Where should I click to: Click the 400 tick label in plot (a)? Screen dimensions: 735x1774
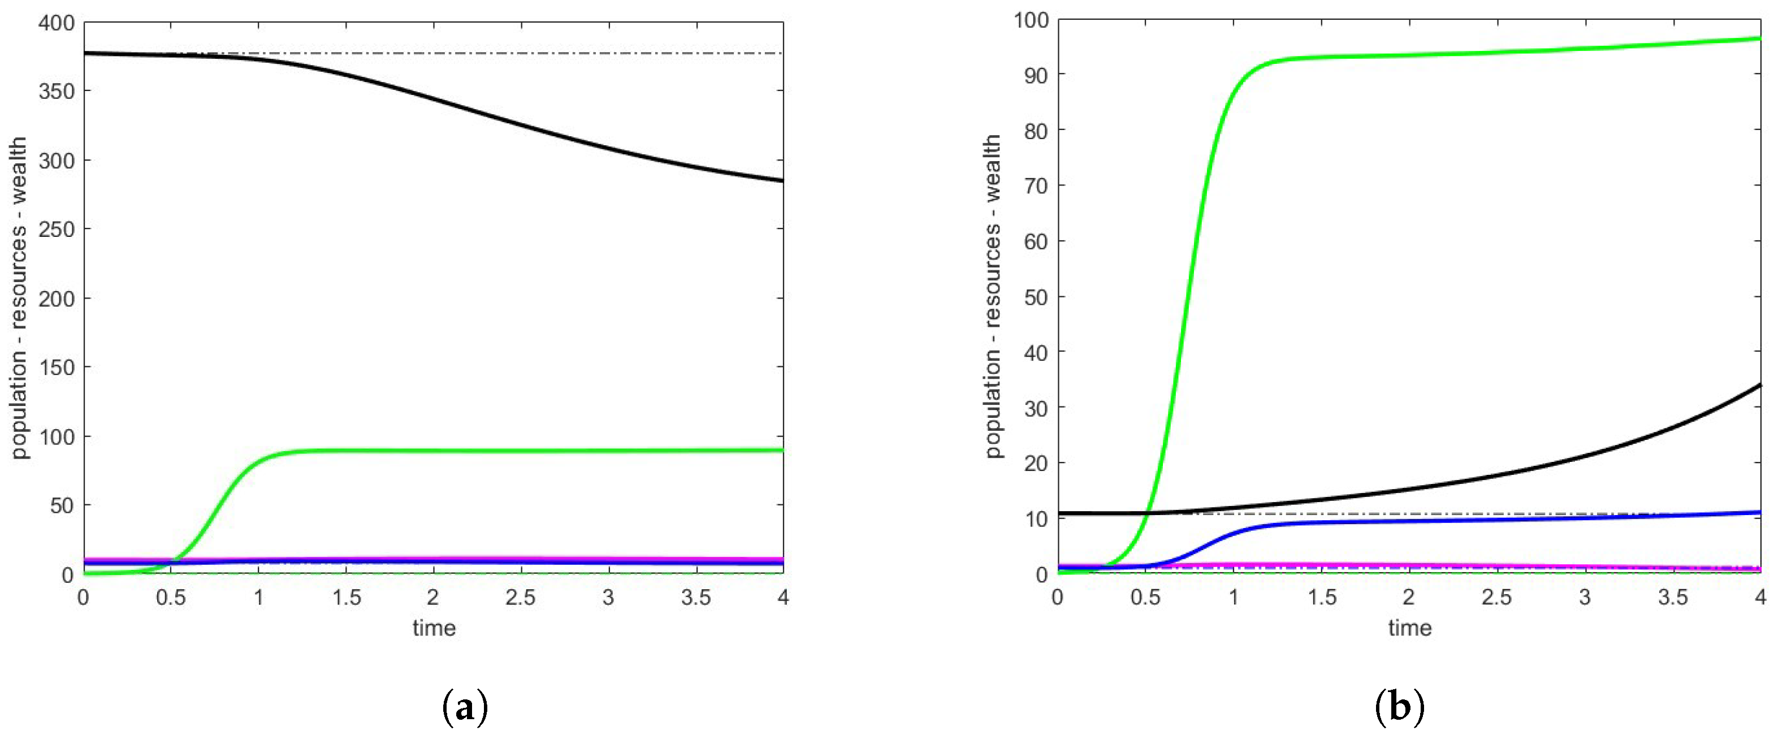tap(57, 23)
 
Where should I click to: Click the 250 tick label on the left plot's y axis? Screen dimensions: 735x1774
tap(57, 230)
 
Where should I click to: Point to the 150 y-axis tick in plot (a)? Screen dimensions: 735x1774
tap(57, 367)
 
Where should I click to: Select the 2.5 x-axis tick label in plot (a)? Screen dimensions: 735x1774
tap(520, 597)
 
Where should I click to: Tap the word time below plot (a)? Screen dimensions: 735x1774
tap(434, 628)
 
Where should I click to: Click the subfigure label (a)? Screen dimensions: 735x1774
tap(465, 707)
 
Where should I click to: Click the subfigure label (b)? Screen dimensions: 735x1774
tap(1399, 707)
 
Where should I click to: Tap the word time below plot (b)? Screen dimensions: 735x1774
tap(1410, 628)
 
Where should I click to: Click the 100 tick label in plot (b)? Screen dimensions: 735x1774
tap(1031, 20)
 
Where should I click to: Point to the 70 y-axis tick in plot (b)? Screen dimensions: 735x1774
tap(1036, 186)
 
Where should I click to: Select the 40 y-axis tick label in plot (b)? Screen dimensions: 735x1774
tap(1036, 353)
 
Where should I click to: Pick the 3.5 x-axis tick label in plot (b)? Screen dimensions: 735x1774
tap(1673, 597)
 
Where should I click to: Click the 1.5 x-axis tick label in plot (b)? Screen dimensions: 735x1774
tap(1322, 597)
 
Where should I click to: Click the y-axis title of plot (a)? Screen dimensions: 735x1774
tap(19, 297)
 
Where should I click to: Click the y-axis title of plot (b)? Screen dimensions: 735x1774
tap(992, 296)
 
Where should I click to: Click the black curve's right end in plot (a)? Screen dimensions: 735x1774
tap(782, 180)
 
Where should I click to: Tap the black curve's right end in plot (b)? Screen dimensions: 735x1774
tap(1759, 385)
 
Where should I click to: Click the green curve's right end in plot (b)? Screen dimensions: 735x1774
tap(1759, 38)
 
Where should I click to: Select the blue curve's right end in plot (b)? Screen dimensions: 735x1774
tap(1759, 512)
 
